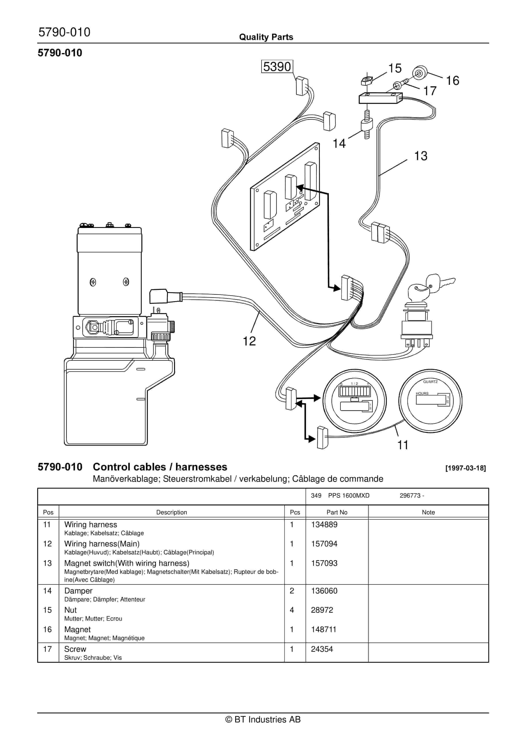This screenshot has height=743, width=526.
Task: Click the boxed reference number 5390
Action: (x=277, y=67)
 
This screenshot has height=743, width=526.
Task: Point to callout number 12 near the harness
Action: (x=249, y=341)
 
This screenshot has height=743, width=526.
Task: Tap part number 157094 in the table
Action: (x=324, y=544)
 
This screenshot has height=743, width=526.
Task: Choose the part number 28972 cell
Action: (x=322, y=610)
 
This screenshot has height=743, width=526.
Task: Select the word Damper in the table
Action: (x=78, y=591)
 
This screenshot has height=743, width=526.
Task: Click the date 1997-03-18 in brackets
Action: (x=465, y=468)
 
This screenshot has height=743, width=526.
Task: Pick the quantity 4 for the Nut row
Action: (x=292, y=610)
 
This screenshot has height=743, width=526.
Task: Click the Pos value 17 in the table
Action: (x=47, y=649)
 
